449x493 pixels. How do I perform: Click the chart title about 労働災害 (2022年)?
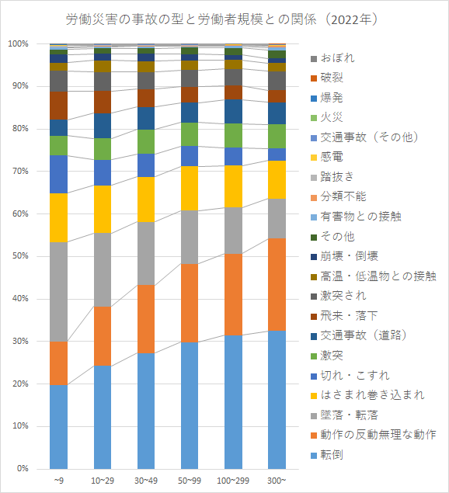click(x=221, y=19)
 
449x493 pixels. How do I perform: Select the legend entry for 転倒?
click(x=327, y=455)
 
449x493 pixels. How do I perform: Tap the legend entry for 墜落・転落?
click(x=345, y=415)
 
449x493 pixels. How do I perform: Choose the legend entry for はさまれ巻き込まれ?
click(x=367, y=395)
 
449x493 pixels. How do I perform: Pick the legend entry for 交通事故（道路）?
click(x=359, y=335)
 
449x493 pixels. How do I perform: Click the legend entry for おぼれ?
click(x=333, y=58)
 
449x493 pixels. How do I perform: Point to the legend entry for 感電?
click(x=327, y=157)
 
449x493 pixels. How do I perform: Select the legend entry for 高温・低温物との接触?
click(x=374, y=276)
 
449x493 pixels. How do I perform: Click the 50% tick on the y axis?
click(x=21, y=256)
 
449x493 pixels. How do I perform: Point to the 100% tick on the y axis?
click(x=18, y=43)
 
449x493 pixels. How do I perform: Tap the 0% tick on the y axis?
click(x=23, y=468)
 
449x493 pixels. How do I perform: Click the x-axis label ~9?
click(x=58, y=481)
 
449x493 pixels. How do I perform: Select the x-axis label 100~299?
click(x=233, y=481)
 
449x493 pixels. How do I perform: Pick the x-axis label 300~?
click(x=277, y=481)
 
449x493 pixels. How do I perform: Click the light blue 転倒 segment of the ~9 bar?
click(x=58, y=427)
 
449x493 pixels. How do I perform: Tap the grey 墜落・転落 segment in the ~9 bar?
click(x=58, y=292)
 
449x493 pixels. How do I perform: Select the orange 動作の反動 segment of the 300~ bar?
click(x=277, y=285)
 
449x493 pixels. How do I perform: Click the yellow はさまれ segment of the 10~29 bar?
click(x=103, y=209)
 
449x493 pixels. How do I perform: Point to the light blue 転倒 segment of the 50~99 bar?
click(x=190, y=405)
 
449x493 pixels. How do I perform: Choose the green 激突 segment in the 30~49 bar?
click(x=146, y=142)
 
